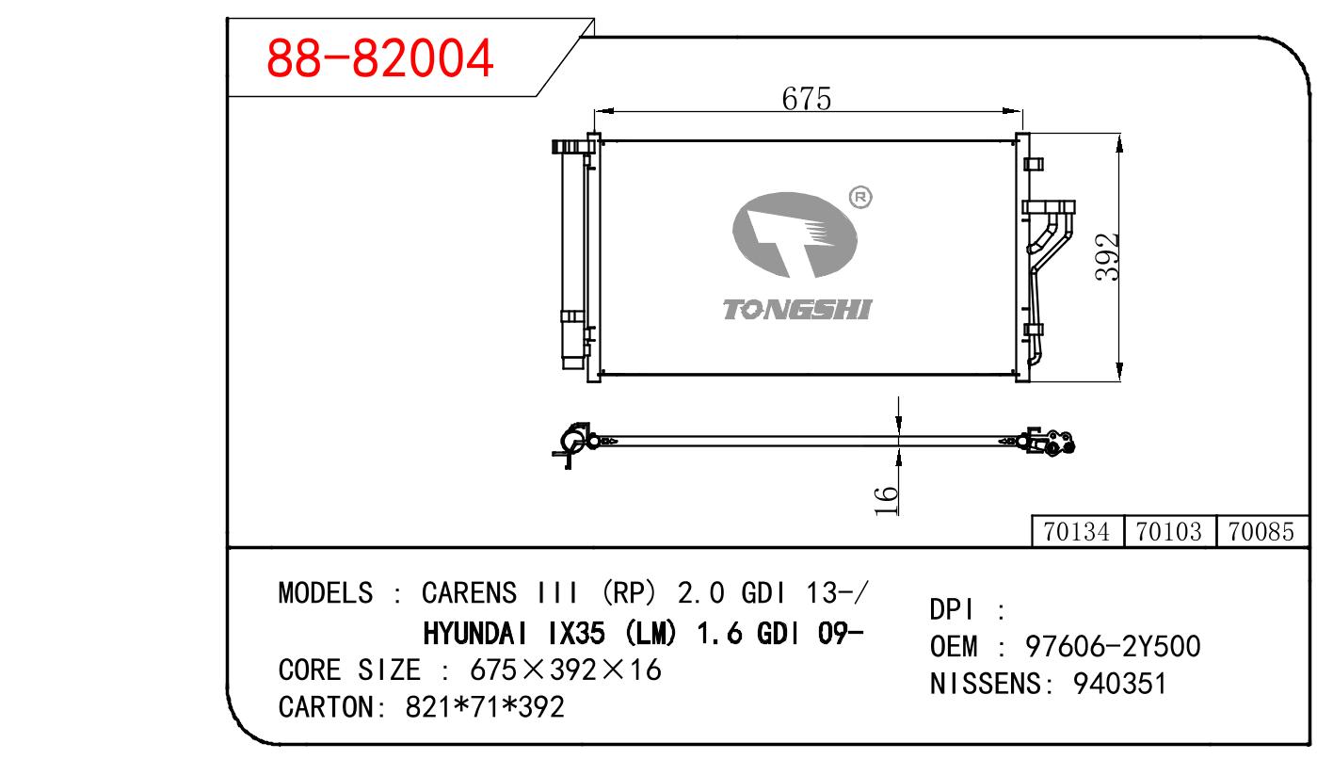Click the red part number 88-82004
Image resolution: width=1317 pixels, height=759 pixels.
coord(379,57)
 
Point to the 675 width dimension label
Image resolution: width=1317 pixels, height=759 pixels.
coord(806,99)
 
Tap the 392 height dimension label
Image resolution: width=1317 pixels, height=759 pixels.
coord(1107,257)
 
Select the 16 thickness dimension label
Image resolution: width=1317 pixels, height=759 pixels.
coord(886,501)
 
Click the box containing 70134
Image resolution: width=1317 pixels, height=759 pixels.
coord(1077,532)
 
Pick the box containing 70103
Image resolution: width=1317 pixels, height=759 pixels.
coord(1169,532)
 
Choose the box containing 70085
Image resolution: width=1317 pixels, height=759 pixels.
coord(1262,532)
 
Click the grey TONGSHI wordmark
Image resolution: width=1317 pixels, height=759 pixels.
coord(797,309)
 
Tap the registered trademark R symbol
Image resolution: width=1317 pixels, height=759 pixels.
coord(860,198)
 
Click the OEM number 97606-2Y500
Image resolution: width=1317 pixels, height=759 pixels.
coord(1113,647)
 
